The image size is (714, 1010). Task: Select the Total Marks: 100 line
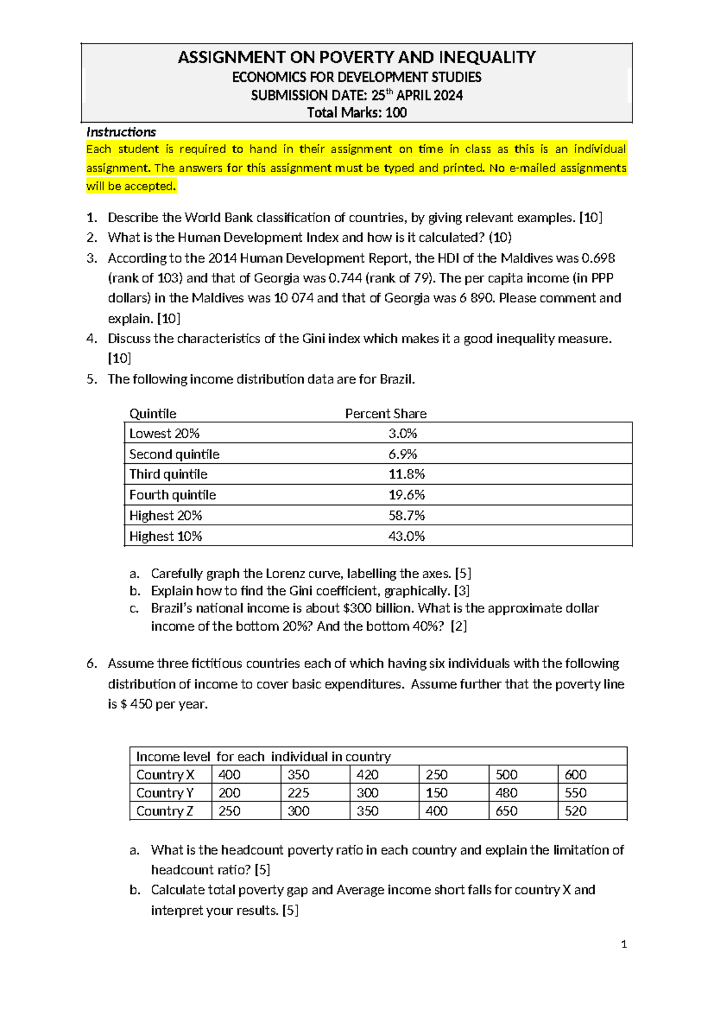click(x=356, y=113)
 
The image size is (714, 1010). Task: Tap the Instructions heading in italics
click(x=121, y=132)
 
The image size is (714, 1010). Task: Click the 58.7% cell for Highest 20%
click(x=406, y=516)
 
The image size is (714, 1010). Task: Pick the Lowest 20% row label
click(x=164, y=434)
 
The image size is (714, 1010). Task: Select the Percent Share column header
click(x=386, y=414)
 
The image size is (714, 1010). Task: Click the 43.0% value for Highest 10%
click(x=406, y=537)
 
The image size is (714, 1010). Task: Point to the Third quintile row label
click(x=168, y=475)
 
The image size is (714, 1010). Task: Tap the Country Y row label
click(x=165, y=793)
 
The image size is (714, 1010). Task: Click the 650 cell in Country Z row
click(x=506, y=811)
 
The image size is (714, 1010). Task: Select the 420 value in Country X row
click(x=367, y=775)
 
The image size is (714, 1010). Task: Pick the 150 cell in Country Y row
click(x=437, y=793)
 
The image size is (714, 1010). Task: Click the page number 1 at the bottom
click(x=624, y=944)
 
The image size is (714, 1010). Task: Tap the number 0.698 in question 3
click(x=598, y=258)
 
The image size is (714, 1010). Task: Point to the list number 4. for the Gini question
click(x=92, y=339)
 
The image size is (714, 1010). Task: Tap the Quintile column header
click(x=153, y=414)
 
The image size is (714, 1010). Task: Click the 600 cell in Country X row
click(x=575, y=775)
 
